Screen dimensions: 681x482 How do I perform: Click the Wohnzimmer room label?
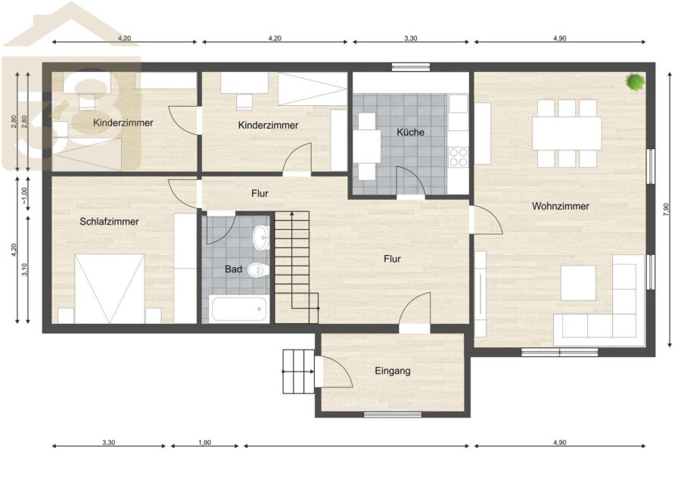point(560,207)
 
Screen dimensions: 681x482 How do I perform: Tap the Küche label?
point(410,132)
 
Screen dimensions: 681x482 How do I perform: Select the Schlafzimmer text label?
point(109,222)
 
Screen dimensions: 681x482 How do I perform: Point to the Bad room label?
point(233,269)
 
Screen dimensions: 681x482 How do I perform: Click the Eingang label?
point(393,371)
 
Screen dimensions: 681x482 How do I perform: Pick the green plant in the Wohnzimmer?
point(635,82)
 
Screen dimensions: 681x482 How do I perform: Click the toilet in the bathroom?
point(259,270)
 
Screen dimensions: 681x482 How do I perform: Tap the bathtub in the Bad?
point(238,309)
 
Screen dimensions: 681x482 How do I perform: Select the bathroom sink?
point(261,237)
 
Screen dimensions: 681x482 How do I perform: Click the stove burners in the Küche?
point(459,157)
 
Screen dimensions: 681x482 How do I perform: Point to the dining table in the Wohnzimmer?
point(567,133)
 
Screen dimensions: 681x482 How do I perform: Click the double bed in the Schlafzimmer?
point(110,289)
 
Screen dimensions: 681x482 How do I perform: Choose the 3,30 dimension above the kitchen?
point(410,39)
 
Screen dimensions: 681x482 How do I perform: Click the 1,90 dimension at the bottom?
point(204,443)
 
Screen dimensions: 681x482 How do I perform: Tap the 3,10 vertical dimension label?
point(24,269)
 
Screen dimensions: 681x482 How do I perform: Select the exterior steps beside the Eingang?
point(298,372)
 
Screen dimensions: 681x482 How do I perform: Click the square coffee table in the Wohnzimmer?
point(578,283)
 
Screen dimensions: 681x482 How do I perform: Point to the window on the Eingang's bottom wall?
point(393,415)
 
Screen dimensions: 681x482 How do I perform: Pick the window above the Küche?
point(411,67)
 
